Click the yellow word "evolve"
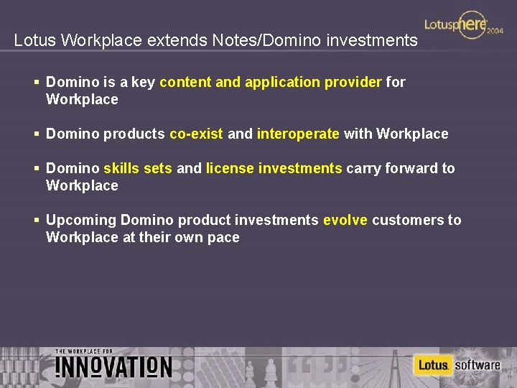tap(345, 220)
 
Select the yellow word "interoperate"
tap(298, 134)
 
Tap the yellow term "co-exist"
tap(196, 134)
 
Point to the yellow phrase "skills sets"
tap(138, 168)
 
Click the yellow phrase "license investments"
tap(274, 168)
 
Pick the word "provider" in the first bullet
tap(353, 82)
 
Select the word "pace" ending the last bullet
tap(223, 237)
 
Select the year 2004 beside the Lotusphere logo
tap(495, 32)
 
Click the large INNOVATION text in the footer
tap(113, 367)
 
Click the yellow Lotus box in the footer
tap(433, 365)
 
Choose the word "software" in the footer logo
tap(478, 365)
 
